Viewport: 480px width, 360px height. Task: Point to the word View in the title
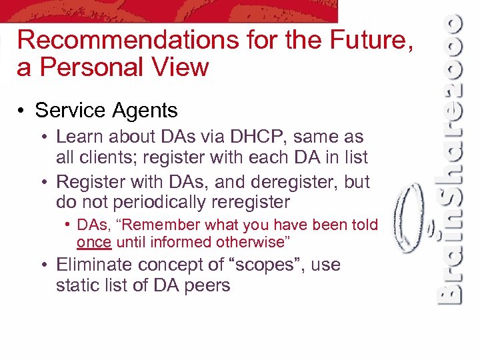181,67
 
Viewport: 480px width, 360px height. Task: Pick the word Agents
147,110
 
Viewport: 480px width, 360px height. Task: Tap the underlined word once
93,242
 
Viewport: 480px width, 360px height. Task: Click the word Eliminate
93,265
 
